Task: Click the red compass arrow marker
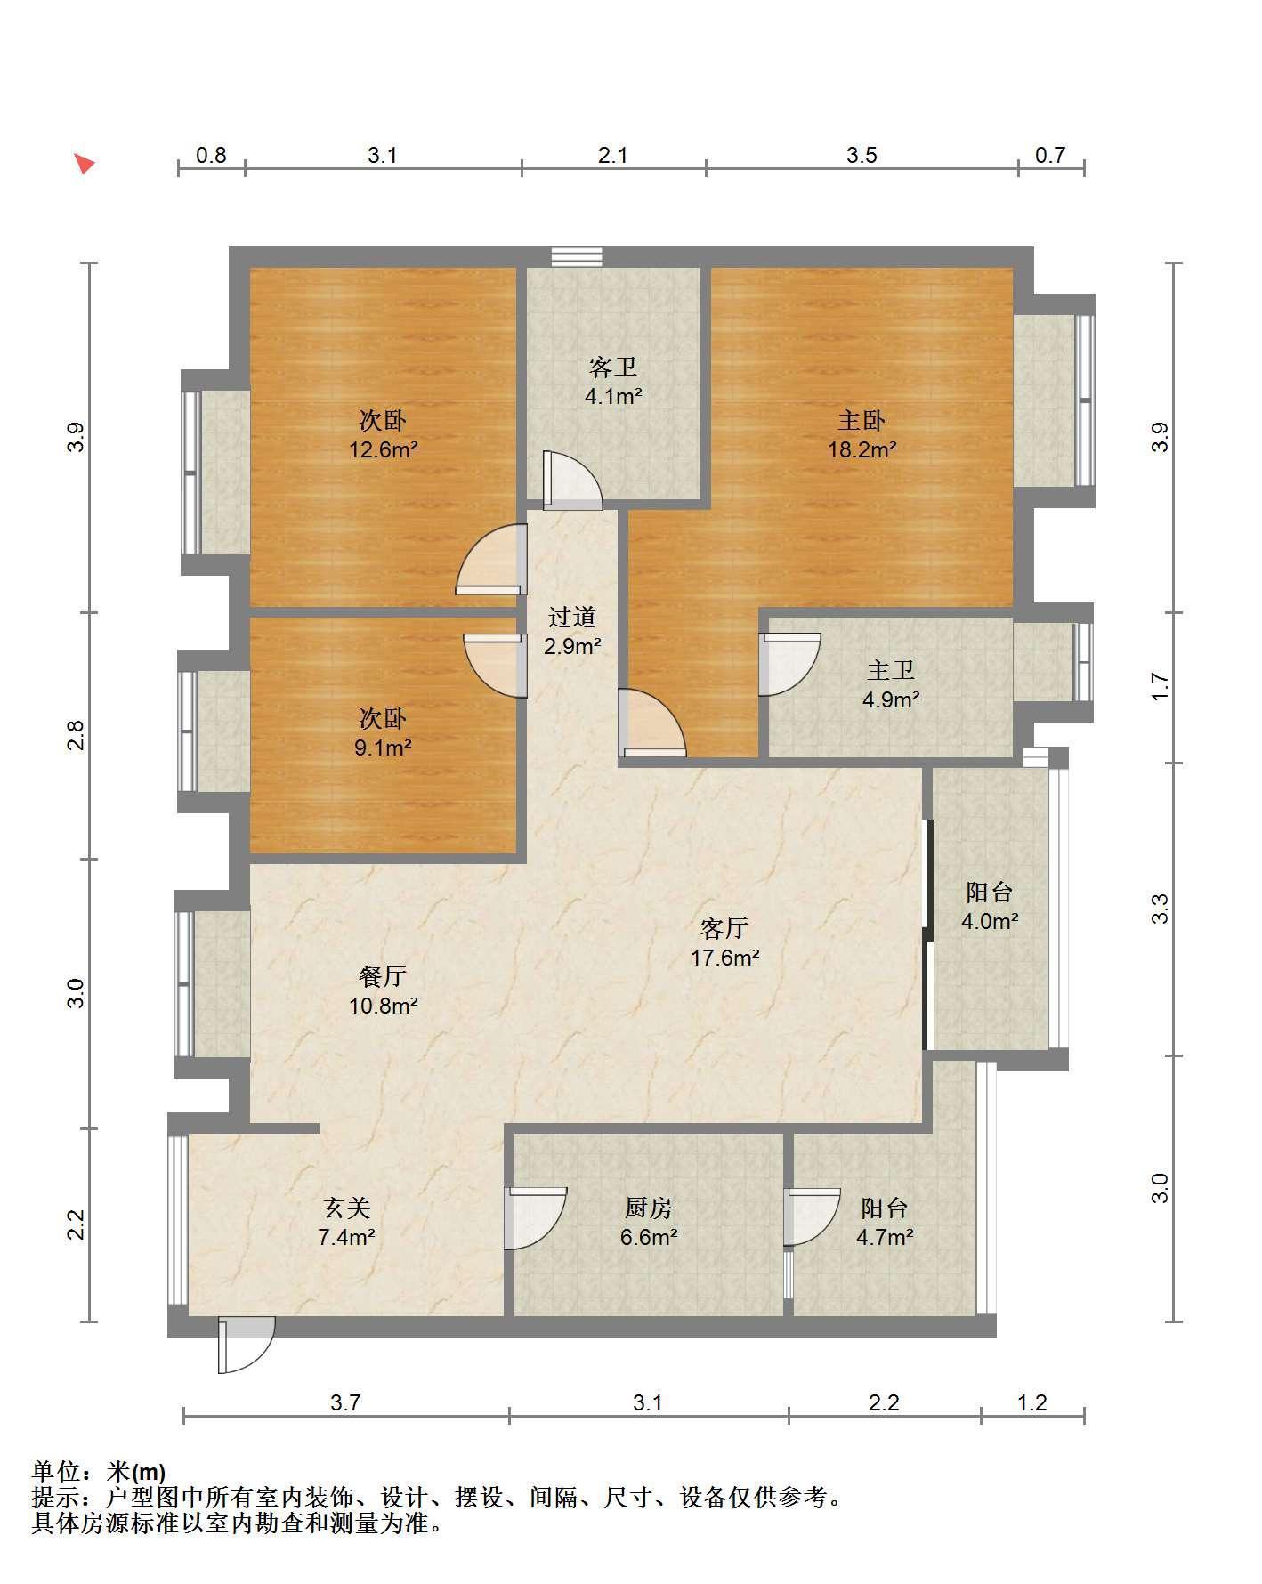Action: coord(85,164)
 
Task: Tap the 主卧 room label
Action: coord(862,419)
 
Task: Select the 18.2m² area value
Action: coord(862,449)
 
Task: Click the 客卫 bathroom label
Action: coord(613,367)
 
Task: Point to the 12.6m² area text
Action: coord(383,449)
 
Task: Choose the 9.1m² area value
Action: coord(383,748)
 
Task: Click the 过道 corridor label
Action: coord(571,617)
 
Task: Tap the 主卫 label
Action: coord(891,670)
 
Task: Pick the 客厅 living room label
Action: coord(724,928)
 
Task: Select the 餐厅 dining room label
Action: coord(383,976)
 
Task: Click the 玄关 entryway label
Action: coord(346,1208)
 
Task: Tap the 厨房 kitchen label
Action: coord(649,1208)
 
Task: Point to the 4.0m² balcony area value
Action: coord(989,921)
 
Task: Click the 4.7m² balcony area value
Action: coord(885,1237)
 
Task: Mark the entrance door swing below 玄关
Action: coord(246,1346)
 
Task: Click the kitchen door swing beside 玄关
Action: coord(535,1217)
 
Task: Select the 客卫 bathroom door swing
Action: coord(572,481)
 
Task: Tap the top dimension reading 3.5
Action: coord(862,156)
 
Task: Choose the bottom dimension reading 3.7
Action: coord(345,1403)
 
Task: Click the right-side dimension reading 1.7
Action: coord(1160,686)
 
